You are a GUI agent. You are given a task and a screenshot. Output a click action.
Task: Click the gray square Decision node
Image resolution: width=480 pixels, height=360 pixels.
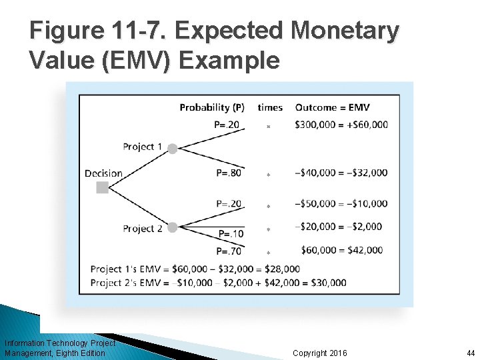click(x=102, y=188)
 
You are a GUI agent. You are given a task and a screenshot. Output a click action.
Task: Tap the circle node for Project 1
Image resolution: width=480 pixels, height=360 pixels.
click(x=173, y=149)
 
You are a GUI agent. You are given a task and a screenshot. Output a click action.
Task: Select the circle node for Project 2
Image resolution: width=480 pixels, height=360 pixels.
click(x=173, y=227)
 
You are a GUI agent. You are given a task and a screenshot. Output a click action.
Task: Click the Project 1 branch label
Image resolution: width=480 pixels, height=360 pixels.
click(x=143, y=147)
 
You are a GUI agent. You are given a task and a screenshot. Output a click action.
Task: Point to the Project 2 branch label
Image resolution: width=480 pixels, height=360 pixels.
click(x=143, y=229)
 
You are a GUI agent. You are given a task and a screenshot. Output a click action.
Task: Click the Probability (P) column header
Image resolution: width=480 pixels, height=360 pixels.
click(x=212, y=107)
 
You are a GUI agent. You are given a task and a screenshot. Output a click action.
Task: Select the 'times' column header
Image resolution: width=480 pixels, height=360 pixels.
click(x=270, y=107)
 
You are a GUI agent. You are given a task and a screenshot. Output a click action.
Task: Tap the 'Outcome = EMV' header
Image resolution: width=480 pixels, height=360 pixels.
click(x=332, y=107)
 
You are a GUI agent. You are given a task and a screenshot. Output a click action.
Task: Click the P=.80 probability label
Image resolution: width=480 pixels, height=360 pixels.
click(x=229, y=173)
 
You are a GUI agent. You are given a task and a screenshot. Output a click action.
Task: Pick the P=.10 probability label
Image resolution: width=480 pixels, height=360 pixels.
click(x=231, y=234)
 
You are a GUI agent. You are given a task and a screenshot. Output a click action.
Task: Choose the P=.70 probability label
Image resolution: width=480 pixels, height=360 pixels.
click(x=229, y=251)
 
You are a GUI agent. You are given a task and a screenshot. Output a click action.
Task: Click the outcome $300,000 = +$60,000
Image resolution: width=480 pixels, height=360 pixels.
click(x=341, y=124)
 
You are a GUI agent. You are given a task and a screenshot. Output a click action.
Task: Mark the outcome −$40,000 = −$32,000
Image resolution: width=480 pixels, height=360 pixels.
click(x=341, y=173)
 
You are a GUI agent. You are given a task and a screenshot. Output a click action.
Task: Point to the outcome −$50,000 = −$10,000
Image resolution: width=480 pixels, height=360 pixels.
click(x=341, y=203)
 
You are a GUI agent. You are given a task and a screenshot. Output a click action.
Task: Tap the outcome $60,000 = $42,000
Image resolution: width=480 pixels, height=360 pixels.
click(x=341, y=250)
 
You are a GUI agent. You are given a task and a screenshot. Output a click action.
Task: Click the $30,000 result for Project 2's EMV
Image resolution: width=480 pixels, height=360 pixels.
click(x=327, y=283)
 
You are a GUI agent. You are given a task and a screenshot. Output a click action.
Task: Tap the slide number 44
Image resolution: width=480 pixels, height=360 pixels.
click(x=471, y=353)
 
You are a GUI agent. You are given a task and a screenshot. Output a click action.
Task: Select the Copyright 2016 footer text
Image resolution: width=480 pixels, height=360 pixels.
click(x=320, y=353)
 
